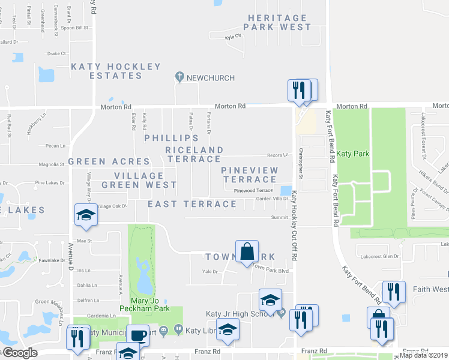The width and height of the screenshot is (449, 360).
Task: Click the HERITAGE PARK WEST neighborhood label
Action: (x=279, y=22)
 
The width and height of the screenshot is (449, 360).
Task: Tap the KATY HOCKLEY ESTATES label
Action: (x=116, y=71)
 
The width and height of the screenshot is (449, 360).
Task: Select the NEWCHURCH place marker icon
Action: (x=179, y=77)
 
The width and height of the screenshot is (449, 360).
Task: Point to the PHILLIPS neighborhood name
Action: (x=171, y=138)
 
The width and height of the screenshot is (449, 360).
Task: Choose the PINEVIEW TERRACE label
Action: (x=250, y=175)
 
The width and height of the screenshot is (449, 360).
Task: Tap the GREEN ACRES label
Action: (x=109, y=161)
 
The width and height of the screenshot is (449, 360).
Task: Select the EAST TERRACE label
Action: (x=192, y=204)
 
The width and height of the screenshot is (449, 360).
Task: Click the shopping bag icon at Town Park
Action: (x=247, y=252)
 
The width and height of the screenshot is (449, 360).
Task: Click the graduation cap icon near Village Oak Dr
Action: (x=85, y=216)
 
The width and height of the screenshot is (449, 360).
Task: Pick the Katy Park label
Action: (x=353, y=154)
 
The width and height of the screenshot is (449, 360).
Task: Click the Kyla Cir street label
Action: (x=232, y=37)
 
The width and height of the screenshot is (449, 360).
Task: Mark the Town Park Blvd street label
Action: (x=270, y=270)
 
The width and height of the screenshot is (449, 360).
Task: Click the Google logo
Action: (x=19, y=353)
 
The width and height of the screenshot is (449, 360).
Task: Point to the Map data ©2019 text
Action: (x=423, y=355)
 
